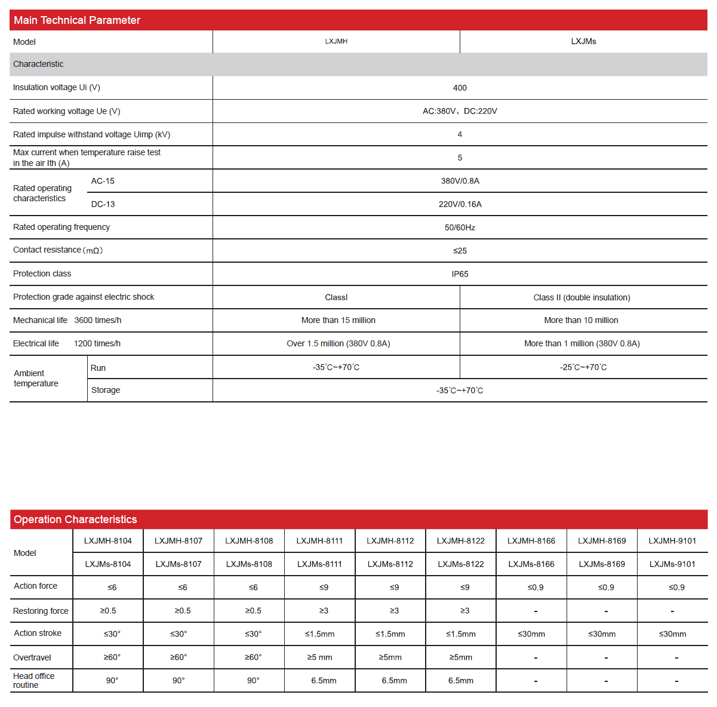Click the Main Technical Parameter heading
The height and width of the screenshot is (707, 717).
[x=77, y=20]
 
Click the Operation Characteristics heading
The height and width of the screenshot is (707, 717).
[x=75, y=520]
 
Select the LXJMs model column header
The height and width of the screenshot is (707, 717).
[x=583, y=41]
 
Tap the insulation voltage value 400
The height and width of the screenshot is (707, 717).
[x=460, y=88]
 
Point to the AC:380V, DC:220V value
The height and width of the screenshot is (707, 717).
[x=460, y=111]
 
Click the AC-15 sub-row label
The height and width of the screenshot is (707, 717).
[x=103, y=181]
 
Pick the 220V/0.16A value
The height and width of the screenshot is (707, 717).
[x=460, y=204]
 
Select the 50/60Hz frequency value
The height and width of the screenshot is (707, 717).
[x=460, y=228]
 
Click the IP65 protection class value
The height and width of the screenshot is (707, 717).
[x=460, y=274]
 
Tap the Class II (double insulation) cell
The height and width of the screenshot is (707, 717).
[x=581, y=297]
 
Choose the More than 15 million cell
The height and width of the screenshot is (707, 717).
[x=339, y=320]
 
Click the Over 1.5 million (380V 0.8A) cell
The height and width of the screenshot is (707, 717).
[x=339, y=343]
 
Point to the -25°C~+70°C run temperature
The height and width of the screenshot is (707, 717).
[x=583, y=367]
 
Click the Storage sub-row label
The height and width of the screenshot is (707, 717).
[x=106, y=390]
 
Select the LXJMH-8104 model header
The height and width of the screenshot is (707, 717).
[x=108, y=541]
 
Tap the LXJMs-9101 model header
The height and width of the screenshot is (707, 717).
[x=672, y=564]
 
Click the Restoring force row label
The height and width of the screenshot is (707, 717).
[x=41, y=611]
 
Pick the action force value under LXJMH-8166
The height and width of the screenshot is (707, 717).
[x=536, y=588]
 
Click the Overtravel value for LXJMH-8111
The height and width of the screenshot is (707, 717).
[x=319, y=657]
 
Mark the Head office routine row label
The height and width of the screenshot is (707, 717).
[x=33, y=680]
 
